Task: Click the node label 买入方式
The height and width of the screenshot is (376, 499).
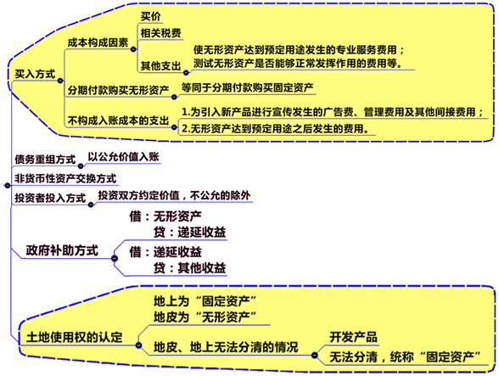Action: tap(35, 74)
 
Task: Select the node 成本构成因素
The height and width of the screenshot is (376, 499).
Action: tap(98, 42)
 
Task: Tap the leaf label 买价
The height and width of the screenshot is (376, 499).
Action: tap(151, 16)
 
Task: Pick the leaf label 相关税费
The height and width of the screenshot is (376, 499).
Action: tap(160, 33)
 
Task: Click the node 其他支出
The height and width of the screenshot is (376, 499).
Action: tap(160, 66)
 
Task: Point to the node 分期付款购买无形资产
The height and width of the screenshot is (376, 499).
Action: tap(118, 90)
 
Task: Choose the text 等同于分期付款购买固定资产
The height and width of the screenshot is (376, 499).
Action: tap(247, 87)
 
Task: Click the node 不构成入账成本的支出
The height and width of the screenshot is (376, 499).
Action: tap(118, 121)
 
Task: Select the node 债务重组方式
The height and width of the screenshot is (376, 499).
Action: tap(45, 160)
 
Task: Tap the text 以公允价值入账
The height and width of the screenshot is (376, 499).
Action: tap(124, 157)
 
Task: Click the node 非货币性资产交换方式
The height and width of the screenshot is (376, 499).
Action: tap(65, 178)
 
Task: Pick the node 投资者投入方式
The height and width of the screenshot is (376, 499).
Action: tap(50, 198)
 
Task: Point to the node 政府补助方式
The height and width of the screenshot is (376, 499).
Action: tap(62, 250)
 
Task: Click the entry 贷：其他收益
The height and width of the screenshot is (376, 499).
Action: tap(190, 268)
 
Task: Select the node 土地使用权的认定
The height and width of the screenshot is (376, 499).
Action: tap(74, 337)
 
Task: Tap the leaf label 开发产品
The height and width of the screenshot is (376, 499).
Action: tap(353, 337)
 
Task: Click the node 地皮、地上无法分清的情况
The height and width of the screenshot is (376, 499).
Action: tap(226, 347)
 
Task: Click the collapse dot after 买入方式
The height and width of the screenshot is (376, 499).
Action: tap(60, 81)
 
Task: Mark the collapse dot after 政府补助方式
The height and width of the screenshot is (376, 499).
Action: tap(115, 259)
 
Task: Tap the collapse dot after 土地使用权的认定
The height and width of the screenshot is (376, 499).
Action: tap(139, 345)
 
